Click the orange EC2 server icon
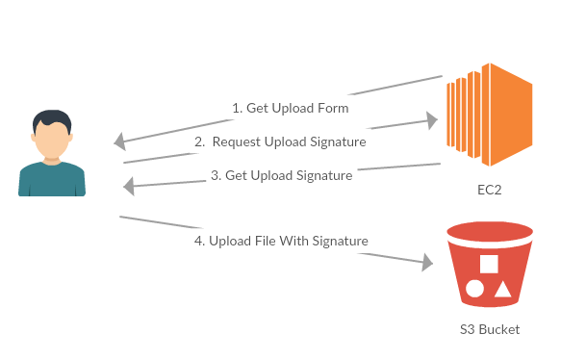(x=490, y=115)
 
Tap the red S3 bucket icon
(x=490, y=265)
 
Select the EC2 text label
(x=490, y=190)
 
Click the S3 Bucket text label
(x=490, y=329)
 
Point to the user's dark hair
(x=52, y=119)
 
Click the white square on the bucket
(x=489, y=264)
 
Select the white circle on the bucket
(x=474, y=289)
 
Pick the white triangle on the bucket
(x=503, y=290)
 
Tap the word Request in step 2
(x=237, y=142)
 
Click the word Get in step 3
(x=236, y=176)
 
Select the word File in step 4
(x=266, y=241)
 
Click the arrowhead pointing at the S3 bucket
(x=427, y=263)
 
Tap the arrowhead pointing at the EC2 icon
(x=432, y=120)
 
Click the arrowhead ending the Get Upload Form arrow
(x=120, y=141)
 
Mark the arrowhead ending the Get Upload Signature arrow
(x=129, y=187)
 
